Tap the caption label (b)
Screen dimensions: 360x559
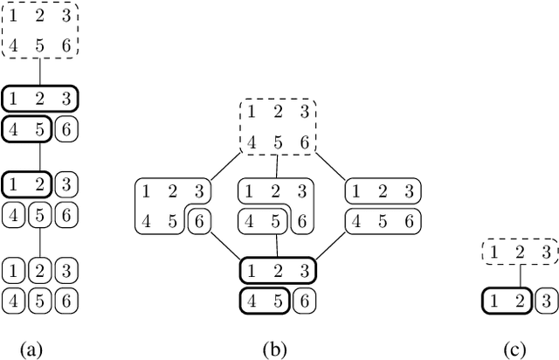click(x=276, y=350)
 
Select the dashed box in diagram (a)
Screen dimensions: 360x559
click(x=39, y=31)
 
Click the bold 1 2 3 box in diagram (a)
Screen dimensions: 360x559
click(x=40, y=98)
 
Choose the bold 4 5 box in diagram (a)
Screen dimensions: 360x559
click(x=27, y=130)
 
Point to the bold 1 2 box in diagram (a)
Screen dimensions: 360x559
click(x=27, y=184)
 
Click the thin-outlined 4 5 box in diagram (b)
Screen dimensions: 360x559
click(x=264, y=222)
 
